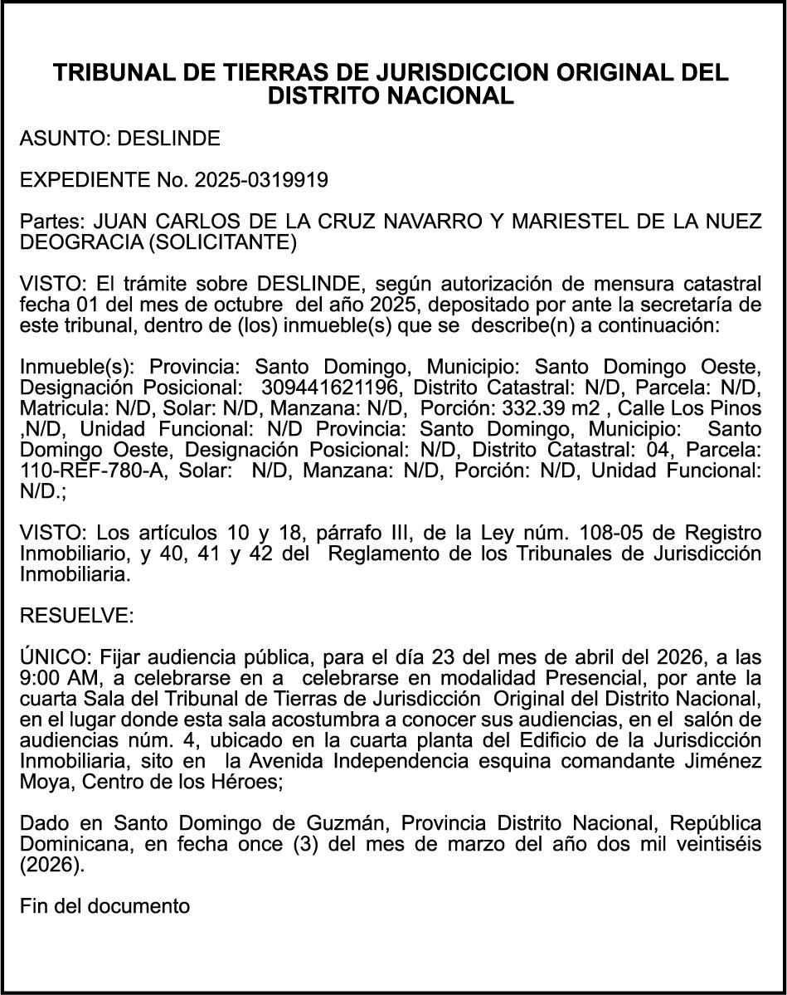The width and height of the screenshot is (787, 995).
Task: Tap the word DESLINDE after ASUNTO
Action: (168, 139)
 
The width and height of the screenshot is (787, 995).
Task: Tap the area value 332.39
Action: (532, 407)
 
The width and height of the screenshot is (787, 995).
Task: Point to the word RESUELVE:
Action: (75, 615)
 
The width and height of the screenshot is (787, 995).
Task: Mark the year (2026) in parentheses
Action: (51, 864)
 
